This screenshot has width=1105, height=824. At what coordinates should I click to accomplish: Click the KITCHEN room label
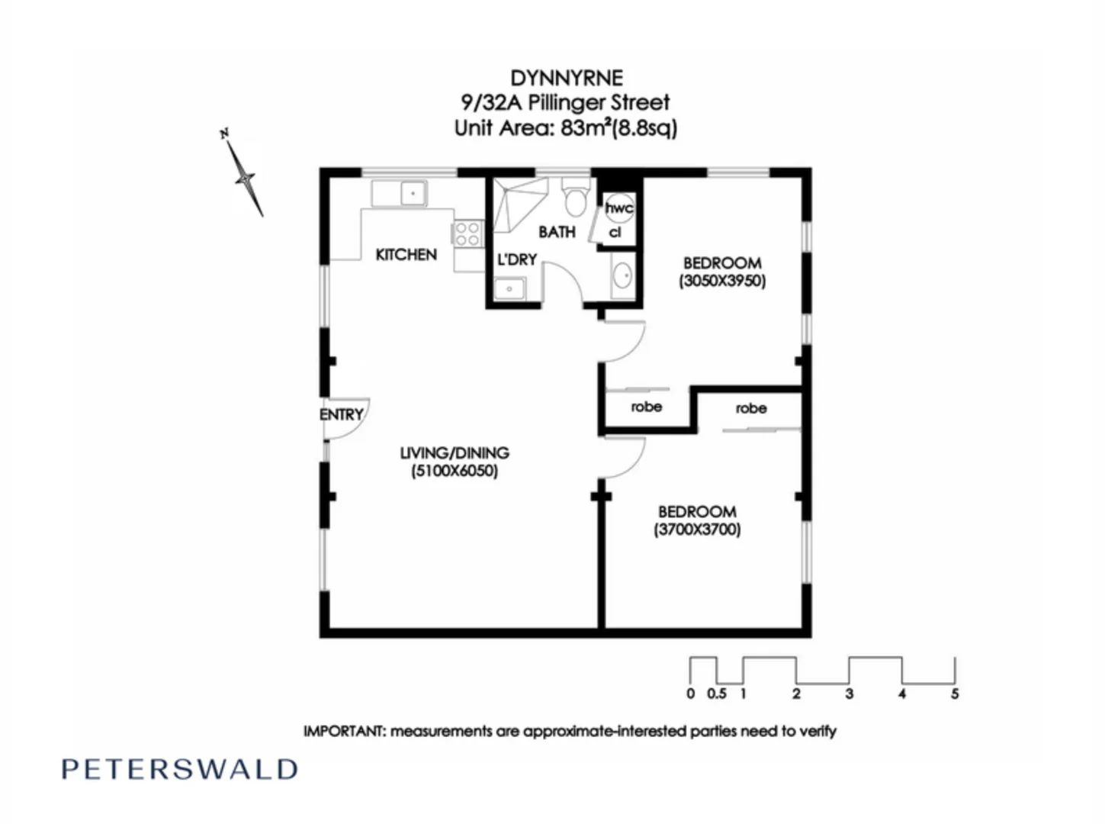tap(406, 255)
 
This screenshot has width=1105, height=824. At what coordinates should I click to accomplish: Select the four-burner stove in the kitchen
tap(467, 233)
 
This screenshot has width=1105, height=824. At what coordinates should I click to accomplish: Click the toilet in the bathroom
tap(575, 200)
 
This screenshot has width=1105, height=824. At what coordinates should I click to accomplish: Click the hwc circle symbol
tap(618, 207)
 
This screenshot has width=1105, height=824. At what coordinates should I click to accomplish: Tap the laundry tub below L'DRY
tap(509, 289)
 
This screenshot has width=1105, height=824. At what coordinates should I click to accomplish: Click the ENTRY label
tap(341, 414)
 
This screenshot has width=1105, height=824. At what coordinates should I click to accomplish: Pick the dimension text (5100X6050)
tap(455, 471)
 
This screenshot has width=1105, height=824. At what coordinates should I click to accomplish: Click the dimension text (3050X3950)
tap(722, 281)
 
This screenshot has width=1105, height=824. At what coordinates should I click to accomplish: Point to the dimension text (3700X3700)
tap(697, 529)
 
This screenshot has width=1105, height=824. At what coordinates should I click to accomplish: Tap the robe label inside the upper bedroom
tap(647, 407)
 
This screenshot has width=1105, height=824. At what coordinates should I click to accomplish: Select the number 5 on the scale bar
tap(954, 694)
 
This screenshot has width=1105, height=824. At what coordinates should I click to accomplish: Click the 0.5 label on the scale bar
tap(717, 694)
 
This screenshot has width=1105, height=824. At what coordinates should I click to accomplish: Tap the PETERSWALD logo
tap(180, 769)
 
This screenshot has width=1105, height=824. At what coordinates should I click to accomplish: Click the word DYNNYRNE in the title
tap(566, 78)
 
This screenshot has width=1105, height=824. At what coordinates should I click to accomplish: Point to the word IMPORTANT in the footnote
tap(345, 731)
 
